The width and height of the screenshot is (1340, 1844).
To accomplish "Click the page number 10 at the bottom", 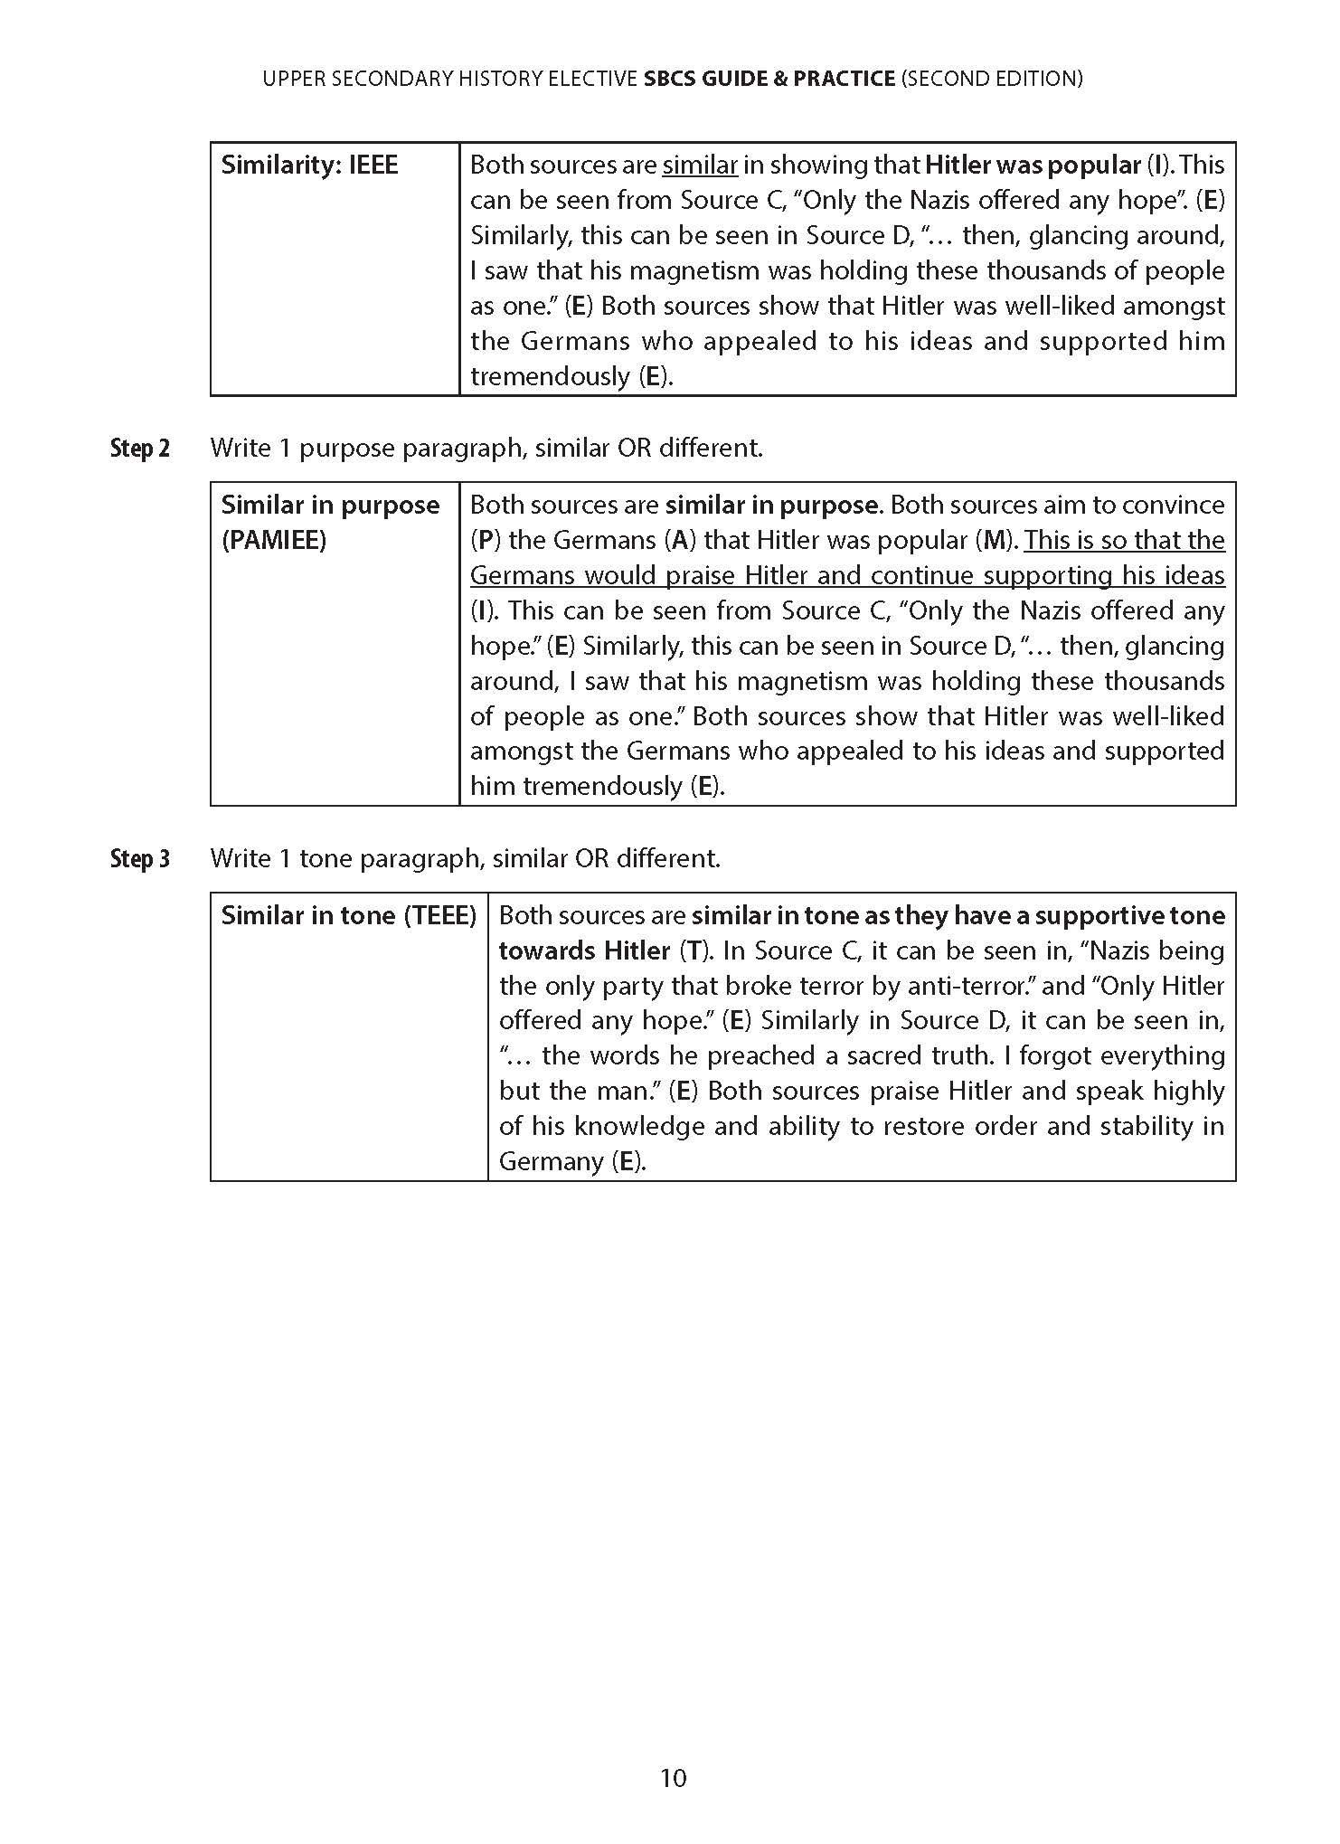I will (674, 1778).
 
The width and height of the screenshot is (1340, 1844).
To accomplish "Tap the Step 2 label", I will (139, 448).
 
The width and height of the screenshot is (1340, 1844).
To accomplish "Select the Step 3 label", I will (139, 858).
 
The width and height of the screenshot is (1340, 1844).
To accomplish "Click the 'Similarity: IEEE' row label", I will (309, 165).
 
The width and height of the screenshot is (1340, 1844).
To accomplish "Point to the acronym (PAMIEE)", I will (273, 540).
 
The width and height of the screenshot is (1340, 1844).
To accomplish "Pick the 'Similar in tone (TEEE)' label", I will (348, 915).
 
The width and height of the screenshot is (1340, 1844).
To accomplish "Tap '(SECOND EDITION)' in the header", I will (992, 79).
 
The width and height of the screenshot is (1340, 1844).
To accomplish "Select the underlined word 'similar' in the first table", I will (700, 165).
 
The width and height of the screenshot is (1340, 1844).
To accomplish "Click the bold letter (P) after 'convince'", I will (485, 540).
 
